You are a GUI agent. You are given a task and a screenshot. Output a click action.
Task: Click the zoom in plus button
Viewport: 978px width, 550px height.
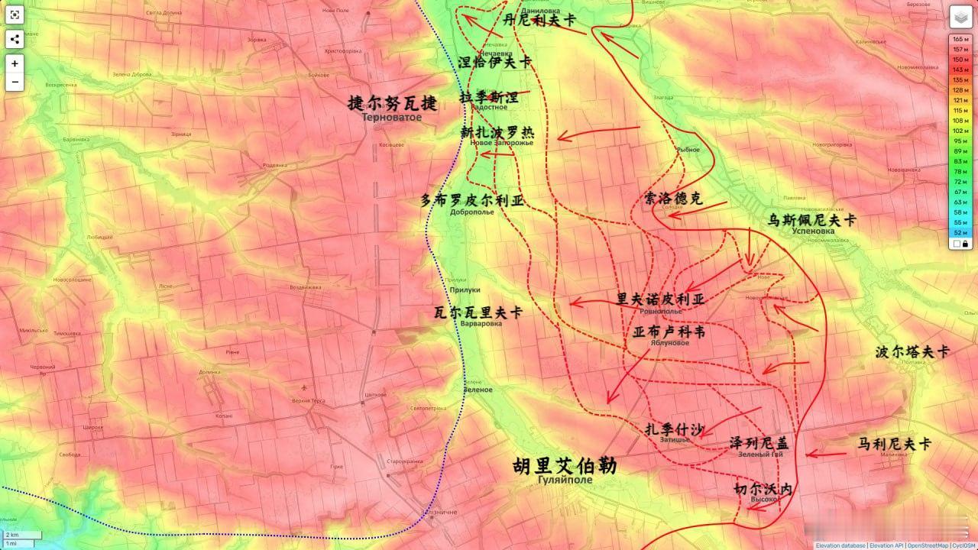point(15,63)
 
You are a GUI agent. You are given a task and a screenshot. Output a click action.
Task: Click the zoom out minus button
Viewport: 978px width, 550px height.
point(15,82)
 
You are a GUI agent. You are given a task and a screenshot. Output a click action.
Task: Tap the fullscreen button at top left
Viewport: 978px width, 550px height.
point(15,15)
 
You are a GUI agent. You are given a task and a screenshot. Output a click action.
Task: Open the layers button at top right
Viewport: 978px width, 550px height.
point(960,17)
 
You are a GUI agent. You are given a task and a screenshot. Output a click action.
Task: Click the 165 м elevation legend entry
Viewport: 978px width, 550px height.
point(960,39)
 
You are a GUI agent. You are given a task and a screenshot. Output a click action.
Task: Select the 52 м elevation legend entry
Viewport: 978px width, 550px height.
point(960,232)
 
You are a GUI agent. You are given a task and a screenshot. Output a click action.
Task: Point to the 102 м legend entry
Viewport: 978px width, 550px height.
point(960,131)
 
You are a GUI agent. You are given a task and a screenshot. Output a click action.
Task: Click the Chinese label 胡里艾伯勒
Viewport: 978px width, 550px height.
point(565,466)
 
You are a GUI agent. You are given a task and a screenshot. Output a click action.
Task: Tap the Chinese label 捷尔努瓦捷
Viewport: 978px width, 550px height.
point(392,103)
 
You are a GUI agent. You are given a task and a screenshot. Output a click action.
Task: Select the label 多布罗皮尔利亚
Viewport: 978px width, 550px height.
point(472,201)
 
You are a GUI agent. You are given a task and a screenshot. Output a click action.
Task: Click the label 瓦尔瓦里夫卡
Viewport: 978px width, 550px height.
point(478,312)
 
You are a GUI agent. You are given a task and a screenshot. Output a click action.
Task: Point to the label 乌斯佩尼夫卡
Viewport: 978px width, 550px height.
point(812,220)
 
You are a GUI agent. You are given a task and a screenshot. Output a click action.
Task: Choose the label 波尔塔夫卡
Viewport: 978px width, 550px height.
point(912,352)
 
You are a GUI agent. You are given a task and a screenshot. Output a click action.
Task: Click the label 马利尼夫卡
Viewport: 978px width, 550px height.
point(894,443)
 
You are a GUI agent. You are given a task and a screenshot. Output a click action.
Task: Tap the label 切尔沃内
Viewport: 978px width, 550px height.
point(763,489)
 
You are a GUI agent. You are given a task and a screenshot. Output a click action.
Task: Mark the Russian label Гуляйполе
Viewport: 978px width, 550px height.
point(565,480)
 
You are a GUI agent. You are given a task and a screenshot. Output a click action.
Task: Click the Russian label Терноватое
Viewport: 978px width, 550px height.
point(392,118)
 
